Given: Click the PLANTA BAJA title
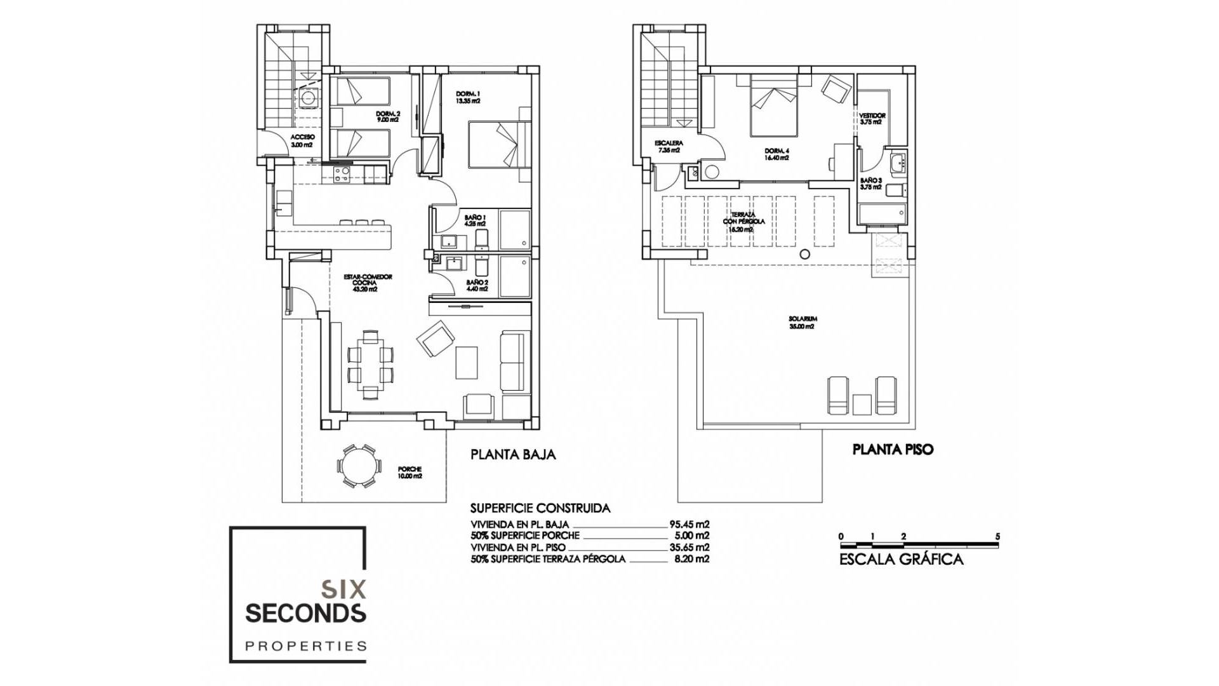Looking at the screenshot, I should (512, 455).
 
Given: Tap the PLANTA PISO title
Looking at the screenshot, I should (892, 450).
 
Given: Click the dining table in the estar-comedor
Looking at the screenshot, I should (370, 365).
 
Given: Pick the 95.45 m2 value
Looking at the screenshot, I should (689, 525).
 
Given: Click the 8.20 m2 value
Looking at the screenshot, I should (691, 559).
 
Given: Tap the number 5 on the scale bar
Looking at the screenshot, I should (997, 537).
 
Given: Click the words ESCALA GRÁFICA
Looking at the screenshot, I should (901, 560).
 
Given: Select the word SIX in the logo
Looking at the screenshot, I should (343, 589).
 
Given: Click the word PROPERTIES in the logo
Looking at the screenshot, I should (306, 646).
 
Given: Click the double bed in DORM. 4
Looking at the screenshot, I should (773, 106).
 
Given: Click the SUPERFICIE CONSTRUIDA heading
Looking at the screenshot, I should (540, 508).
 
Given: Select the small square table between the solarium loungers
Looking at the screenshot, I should (862, 404).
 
